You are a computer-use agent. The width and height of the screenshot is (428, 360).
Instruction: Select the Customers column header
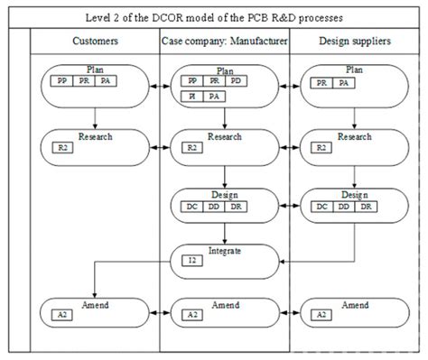(x=95, y=42)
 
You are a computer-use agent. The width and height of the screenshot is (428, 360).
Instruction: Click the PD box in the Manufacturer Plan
(x=236, y=80)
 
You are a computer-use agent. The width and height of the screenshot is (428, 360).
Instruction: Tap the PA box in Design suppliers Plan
(x=344, y=83)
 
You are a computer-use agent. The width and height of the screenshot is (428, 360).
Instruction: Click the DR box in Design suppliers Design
(x=366, y=207)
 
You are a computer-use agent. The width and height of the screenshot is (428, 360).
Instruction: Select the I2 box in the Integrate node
(x=191, y=261)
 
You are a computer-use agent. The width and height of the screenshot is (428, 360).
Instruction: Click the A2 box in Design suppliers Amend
(x=321, y=315)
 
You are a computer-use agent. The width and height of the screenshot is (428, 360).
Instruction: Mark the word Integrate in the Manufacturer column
(x=224, y=251)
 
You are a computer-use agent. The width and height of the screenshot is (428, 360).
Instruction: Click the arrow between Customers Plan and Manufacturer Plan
(x=160, y=86)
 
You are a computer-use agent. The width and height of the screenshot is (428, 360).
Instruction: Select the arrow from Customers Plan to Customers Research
(x=95, y=115)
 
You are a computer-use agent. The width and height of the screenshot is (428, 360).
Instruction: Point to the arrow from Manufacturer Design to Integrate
(x=224, y=230)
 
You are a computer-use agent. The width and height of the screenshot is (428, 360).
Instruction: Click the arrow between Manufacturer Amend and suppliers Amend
(x=288, y=311)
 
